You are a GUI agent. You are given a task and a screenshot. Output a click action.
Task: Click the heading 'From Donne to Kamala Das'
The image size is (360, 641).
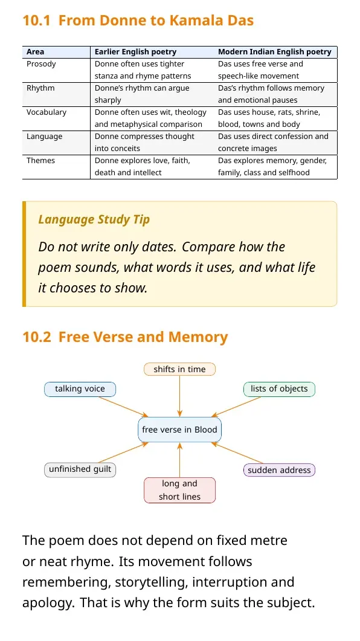point(156,21)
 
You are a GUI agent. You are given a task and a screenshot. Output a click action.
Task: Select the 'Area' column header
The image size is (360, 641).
point(35,52)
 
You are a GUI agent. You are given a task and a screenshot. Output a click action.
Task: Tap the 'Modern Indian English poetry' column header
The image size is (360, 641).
point(275,52)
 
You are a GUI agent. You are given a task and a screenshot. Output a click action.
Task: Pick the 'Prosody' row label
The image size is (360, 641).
point(41,64)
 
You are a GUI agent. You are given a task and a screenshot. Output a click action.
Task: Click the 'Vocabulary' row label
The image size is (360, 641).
point(46,112)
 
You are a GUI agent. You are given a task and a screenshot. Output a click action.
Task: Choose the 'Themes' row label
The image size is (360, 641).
point(40,160)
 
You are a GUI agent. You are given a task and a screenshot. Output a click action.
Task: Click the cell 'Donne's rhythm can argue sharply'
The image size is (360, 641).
point(142,94)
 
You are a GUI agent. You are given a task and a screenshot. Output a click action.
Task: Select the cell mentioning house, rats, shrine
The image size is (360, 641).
point(269,118)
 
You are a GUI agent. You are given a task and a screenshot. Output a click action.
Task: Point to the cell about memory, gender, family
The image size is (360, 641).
point(272,166)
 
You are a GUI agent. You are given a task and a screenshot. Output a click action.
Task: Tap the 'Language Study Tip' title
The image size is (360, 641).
point(94,219)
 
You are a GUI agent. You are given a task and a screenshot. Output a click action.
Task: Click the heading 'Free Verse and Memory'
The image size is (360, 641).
point(143,337)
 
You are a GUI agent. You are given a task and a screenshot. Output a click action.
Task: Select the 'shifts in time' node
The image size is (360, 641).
point(180,369)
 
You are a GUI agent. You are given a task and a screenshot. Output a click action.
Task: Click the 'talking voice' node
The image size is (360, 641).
point(80,389)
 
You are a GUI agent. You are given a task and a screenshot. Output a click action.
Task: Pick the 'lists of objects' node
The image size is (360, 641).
point(280,389)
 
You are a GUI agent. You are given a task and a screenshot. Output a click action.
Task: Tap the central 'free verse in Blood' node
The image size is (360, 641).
point(180,430)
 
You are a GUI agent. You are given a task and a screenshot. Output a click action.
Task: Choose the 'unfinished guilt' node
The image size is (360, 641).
point(80,469)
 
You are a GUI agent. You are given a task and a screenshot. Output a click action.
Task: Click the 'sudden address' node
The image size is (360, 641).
point(280,470)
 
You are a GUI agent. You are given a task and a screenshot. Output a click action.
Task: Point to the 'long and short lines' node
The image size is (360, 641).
point(180,490)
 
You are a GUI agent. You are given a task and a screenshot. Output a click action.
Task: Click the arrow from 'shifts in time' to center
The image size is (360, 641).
point(180,396)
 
